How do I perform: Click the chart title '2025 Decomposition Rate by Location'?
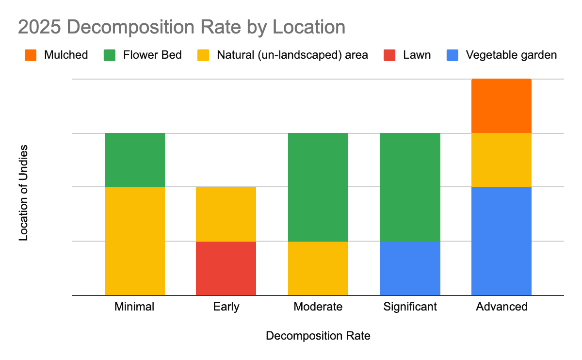[x=181, y=27]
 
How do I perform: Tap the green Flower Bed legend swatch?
[x=109, y=55]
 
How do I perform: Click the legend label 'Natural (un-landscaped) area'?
[x=292, y=55]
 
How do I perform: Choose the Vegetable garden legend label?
[x=511, y=55]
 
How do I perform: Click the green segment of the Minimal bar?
[x=135, y=160]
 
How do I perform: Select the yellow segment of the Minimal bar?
[x=135, y=241]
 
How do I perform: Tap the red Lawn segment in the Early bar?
[x=226, y=268]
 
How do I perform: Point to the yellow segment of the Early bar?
[x=226, y=214]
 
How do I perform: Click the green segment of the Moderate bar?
[x=318, y=187]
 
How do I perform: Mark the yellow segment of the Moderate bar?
[x=318, y=268]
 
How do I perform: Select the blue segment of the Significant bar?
[x=410, y=268]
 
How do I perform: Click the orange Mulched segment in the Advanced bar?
[x=501, y=106]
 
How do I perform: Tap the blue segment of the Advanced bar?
[x=501, y=241]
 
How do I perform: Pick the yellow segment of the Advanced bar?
[x=501, y=160]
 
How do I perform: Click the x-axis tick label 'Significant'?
[x=410, y=307]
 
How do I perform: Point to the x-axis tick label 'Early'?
[x=226, y=307]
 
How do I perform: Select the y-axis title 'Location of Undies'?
[x=23, y=193]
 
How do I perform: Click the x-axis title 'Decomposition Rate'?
[x=318, y=336]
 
